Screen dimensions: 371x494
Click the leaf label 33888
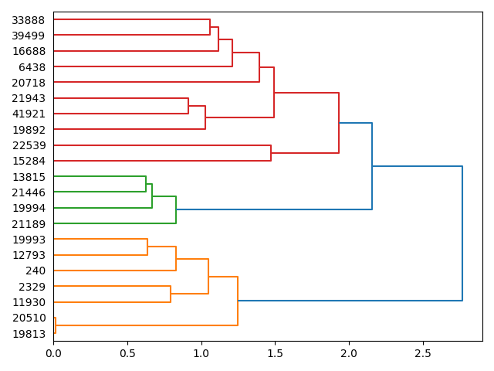pos(29,20)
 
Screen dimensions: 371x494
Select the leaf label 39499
pos(29,36)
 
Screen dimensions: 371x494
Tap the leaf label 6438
pos(32,67)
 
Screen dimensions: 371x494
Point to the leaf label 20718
pos(29,83)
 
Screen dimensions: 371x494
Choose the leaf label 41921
pos(29,114)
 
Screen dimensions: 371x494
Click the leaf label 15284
pos(29,161)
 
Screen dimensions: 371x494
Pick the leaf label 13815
pos(29,177)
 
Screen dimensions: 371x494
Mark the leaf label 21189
pos(29,224)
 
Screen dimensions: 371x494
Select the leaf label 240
pos(36,271)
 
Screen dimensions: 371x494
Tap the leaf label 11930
pos(29,302)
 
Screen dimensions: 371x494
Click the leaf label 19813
pos(29,334)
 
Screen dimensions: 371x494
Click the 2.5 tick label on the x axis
pos(423,353)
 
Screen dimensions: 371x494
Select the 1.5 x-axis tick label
pos(275,353)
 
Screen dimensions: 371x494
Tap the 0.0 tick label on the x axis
pos(53,353)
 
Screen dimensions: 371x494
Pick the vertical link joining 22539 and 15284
pos(271,153)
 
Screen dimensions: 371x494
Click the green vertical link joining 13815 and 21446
pos(146,184)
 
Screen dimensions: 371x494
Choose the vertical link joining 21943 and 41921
pos(188,106)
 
